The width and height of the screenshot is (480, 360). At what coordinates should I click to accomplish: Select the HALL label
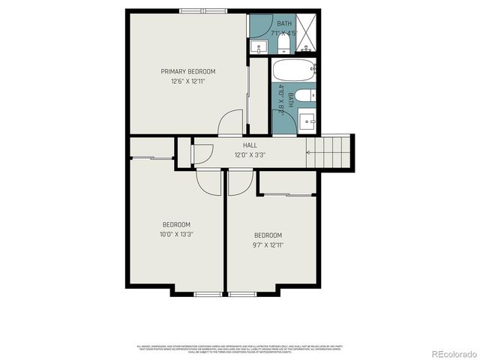(x=250, y=145)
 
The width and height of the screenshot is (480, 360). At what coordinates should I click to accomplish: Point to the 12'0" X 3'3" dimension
(x=250, y=155)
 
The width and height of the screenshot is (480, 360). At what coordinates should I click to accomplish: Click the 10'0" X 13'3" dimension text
(x=176, y=234)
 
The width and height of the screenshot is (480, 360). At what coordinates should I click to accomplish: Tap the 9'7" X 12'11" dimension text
(x=268, y=244)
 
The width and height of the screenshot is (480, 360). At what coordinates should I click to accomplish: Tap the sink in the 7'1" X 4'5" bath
(x=259, y=46)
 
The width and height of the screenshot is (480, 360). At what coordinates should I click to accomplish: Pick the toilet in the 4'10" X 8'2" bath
(x=302, y=96)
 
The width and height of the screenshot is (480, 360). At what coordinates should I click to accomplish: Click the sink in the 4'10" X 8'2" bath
(x=307, y=120)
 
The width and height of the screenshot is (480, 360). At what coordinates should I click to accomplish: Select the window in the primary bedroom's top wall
(x=204, y=11)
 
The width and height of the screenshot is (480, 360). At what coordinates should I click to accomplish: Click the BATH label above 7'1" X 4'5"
(x=284, y=24)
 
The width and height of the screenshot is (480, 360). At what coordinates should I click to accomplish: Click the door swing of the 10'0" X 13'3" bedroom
(x=210, y=182)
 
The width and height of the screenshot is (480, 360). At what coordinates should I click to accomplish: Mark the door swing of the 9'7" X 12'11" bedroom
(x=239, y=182)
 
